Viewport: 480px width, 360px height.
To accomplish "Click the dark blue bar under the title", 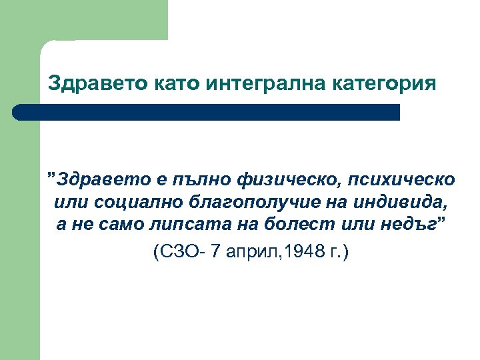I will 207,112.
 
